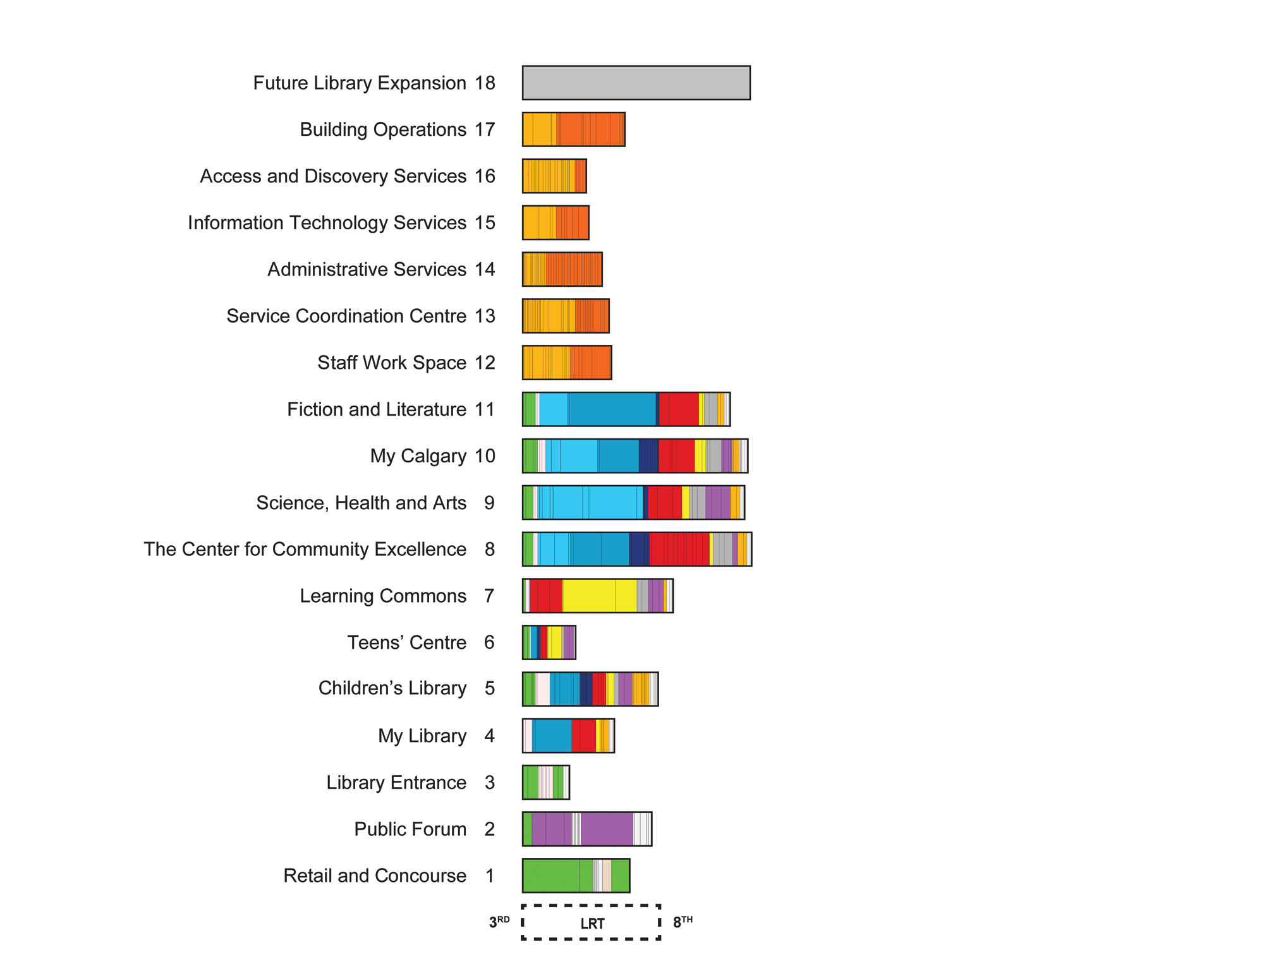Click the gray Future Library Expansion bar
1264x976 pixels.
pos(636,83)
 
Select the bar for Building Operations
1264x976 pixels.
pos(573,130)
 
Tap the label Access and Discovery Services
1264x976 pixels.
pos(333,176)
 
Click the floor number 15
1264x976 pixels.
pos(485,223)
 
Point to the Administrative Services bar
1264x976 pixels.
pos(562,269)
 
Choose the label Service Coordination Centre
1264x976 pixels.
pos(346,316)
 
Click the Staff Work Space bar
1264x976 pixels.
pos(566,363)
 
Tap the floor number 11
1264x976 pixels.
pos(485,409)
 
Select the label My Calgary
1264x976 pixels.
pos(418,456)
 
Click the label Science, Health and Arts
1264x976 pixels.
pos(361,503)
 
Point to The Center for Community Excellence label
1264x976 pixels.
pos(305,550)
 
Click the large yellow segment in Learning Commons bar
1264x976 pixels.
pos(588,596)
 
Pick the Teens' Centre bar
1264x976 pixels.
pos(549,642)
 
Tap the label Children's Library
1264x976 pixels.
pos(392,688)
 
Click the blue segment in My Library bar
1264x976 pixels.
pos(552,736)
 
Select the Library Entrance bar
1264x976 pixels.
pos(545,783)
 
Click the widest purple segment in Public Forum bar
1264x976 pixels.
pos(607,829)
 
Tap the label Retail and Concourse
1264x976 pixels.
pos(374,876)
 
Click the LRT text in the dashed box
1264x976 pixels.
pos(592,924)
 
